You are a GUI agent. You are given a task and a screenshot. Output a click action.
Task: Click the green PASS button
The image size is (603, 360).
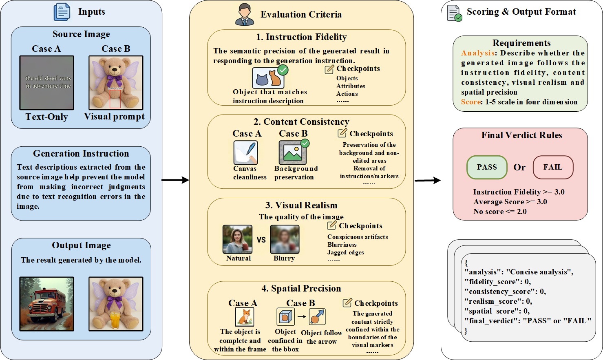487,167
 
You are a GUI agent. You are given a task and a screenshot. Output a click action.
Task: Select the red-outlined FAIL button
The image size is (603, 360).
553,167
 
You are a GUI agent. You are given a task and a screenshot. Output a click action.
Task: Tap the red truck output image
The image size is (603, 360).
47,304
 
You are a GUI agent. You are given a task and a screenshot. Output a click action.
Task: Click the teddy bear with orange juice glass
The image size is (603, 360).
116,304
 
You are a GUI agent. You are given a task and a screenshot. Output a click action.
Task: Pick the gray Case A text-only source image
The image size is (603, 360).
47,83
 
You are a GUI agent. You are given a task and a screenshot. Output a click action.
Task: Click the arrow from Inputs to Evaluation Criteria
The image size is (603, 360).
175,180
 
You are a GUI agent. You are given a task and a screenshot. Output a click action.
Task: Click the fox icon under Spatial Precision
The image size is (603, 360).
245,317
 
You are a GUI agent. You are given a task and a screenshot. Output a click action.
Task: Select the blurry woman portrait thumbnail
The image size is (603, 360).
285,240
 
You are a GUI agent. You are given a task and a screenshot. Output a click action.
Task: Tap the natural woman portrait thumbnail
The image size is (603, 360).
237,240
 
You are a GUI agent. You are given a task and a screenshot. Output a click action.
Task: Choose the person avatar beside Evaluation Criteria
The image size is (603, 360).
245,15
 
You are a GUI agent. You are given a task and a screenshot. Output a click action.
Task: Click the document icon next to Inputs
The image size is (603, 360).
62,12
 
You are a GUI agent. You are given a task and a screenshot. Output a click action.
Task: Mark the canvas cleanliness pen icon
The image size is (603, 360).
245,152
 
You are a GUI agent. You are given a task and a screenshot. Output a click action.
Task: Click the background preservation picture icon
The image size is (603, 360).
293,152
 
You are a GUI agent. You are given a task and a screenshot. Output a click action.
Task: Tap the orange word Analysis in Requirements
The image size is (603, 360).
478,53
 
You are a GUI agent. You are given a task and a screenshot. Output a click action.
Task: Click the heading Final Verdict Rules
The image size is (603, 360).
521,135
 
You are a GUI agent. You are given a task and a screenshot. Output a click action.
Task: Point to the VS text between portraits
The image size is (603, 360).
261,240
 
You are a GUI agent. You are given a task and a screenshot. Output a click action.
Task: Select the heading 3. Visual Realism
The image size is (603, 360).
301,205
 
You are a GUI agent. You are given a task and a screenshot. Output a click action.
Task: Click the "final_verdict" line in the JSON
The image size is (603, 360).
528,321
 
